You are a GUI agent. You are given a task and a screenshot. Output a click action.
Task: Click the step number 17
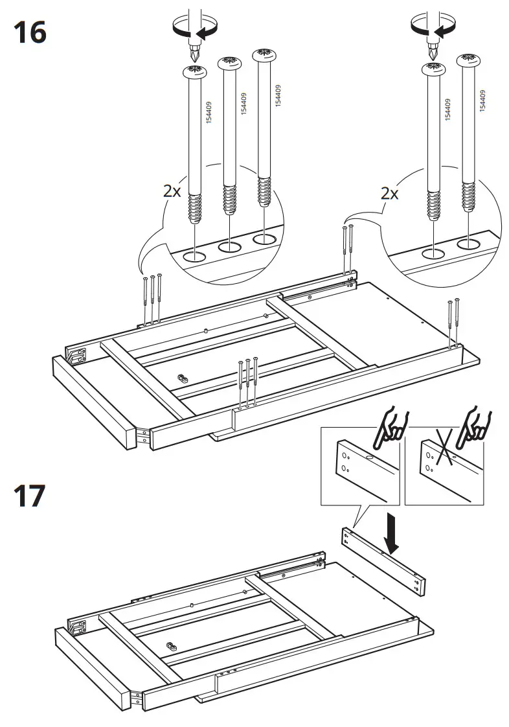tap(29, 496)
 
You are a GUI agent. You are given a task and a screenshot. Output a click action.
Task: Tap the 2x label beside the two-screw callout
tap(389, 193)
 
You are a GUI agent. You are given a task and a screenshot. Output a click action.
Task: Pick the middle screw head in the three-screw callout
tap(229, 64)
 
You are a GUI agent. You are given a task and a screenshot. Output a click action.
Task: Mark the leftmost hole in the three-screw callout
tap(194, 256)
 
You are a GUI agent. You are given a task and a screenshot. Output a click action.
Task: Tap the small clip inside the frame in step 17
tap(170, 646)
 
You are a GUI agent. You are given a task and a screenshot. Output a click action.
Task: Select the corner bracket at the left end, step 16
tap(79, 355)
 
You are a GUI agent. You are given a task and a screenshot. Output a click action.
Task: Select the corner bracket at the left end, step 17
tap(79, 627)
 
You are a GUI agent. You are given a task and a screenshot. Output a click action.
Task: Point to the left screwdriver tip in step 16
tap(193, 52)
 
